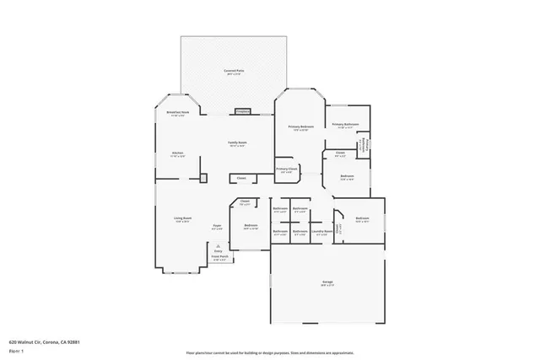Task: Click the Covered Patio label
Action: pos(234,72)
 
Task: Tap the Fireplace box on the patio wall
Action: pos(242,111)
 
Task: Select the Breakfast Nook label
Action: pos(177,113)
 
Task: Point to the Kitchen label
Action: pos(177,153)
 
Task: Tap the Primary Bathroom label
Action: pos(345,125)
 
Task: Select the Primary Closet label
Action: pos(287,169)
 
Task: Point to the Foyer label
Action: pos(217,226)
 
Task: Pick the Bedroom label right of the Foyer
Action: pos(251,226)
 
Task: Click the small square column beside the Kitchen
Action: pos(202,177)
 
